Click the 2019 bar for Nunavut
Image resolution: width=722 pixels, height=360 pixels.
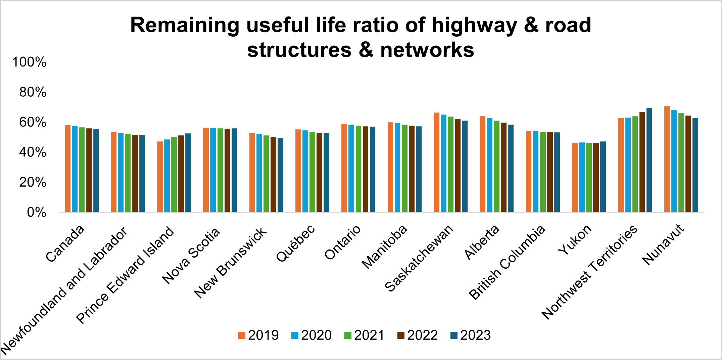pos(667,159)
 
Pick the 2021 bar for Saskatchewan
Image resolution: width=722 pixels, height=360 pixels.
pos(450,164)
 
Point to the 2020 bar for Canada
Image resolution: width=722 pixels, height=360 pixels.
pos(75,169)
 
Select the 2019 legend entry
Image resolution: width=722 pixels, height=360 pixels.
pos(258,335)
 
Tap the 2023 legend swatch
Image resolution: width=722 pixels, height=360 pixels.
pos(454,335)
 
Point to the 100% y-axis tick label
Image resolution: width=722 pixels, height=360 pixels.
pos(29,62)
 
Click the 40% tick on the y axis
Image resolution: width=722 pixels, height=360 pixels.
pos(33,152)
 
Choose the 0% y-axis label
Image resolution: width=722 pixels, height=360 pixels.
pos(36,212)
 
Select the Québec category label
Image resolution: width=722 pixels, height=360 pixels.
pos(296,242)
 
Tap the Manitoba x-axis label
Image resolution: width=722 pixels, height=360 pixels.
pos(385,246)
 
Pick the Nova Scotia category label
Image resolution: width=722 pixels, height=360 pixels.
pos(191,255)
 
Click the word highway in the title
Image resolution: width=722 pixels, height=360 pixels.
pos(474,25)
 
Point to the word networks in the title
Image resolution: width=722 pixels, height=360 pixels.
pos(427,50)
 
